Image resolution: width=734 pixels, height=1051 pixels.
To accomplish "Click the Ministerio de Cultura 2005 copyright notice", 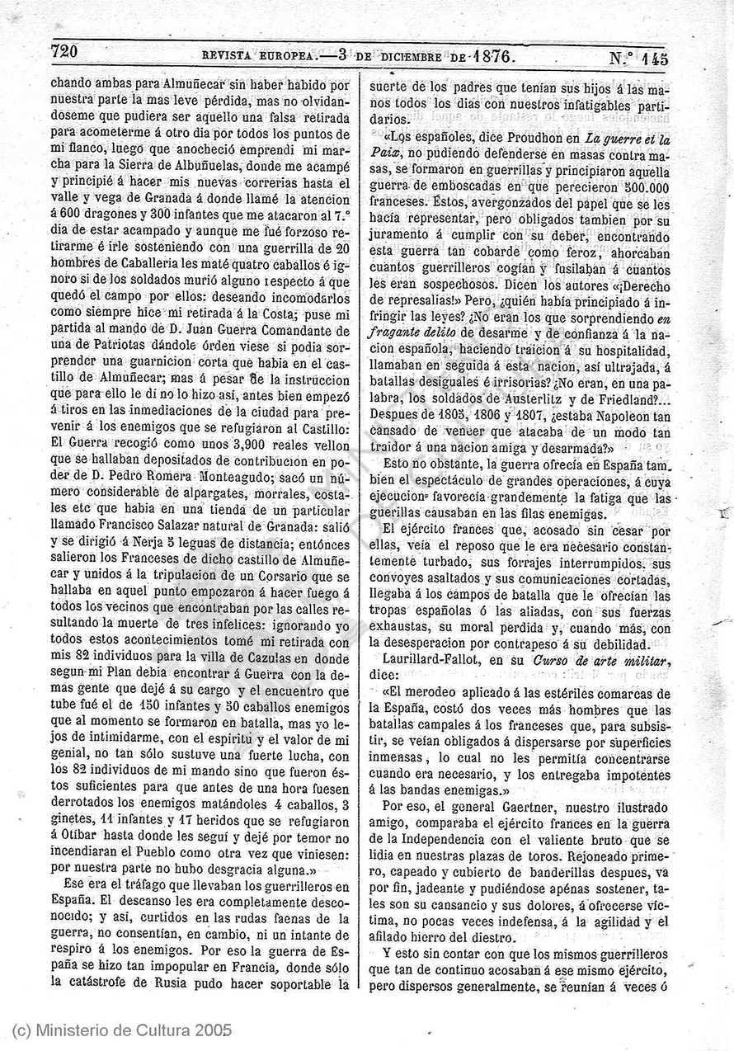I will coord(122,1030).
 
